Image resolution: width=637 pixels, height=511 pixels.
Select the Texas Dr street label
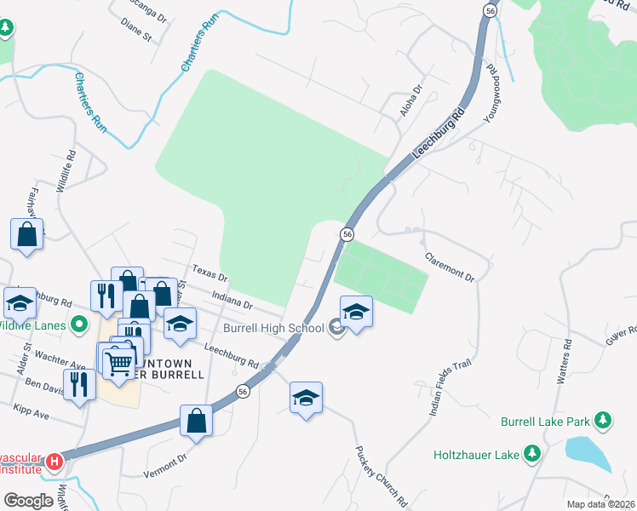pyautogui.click(x=210, y=274)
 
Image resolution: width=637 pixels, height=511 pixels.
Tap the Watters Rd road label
pyautogui.click(x=562, y=361)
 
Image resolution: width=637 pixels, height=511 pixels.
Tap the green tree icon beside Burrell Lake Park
pyautogui.click(x=603, y=421)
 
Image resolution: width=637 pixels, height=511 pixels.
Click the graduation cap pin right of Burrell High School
pyautogui.click(x=357, y=311)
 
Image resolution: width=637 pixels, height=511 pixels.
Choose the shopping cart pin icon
pyautogui.click(x=118, y=360)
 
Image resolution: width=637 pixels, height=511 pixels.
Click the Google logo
pyautogui.click(x=28, y=501)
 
